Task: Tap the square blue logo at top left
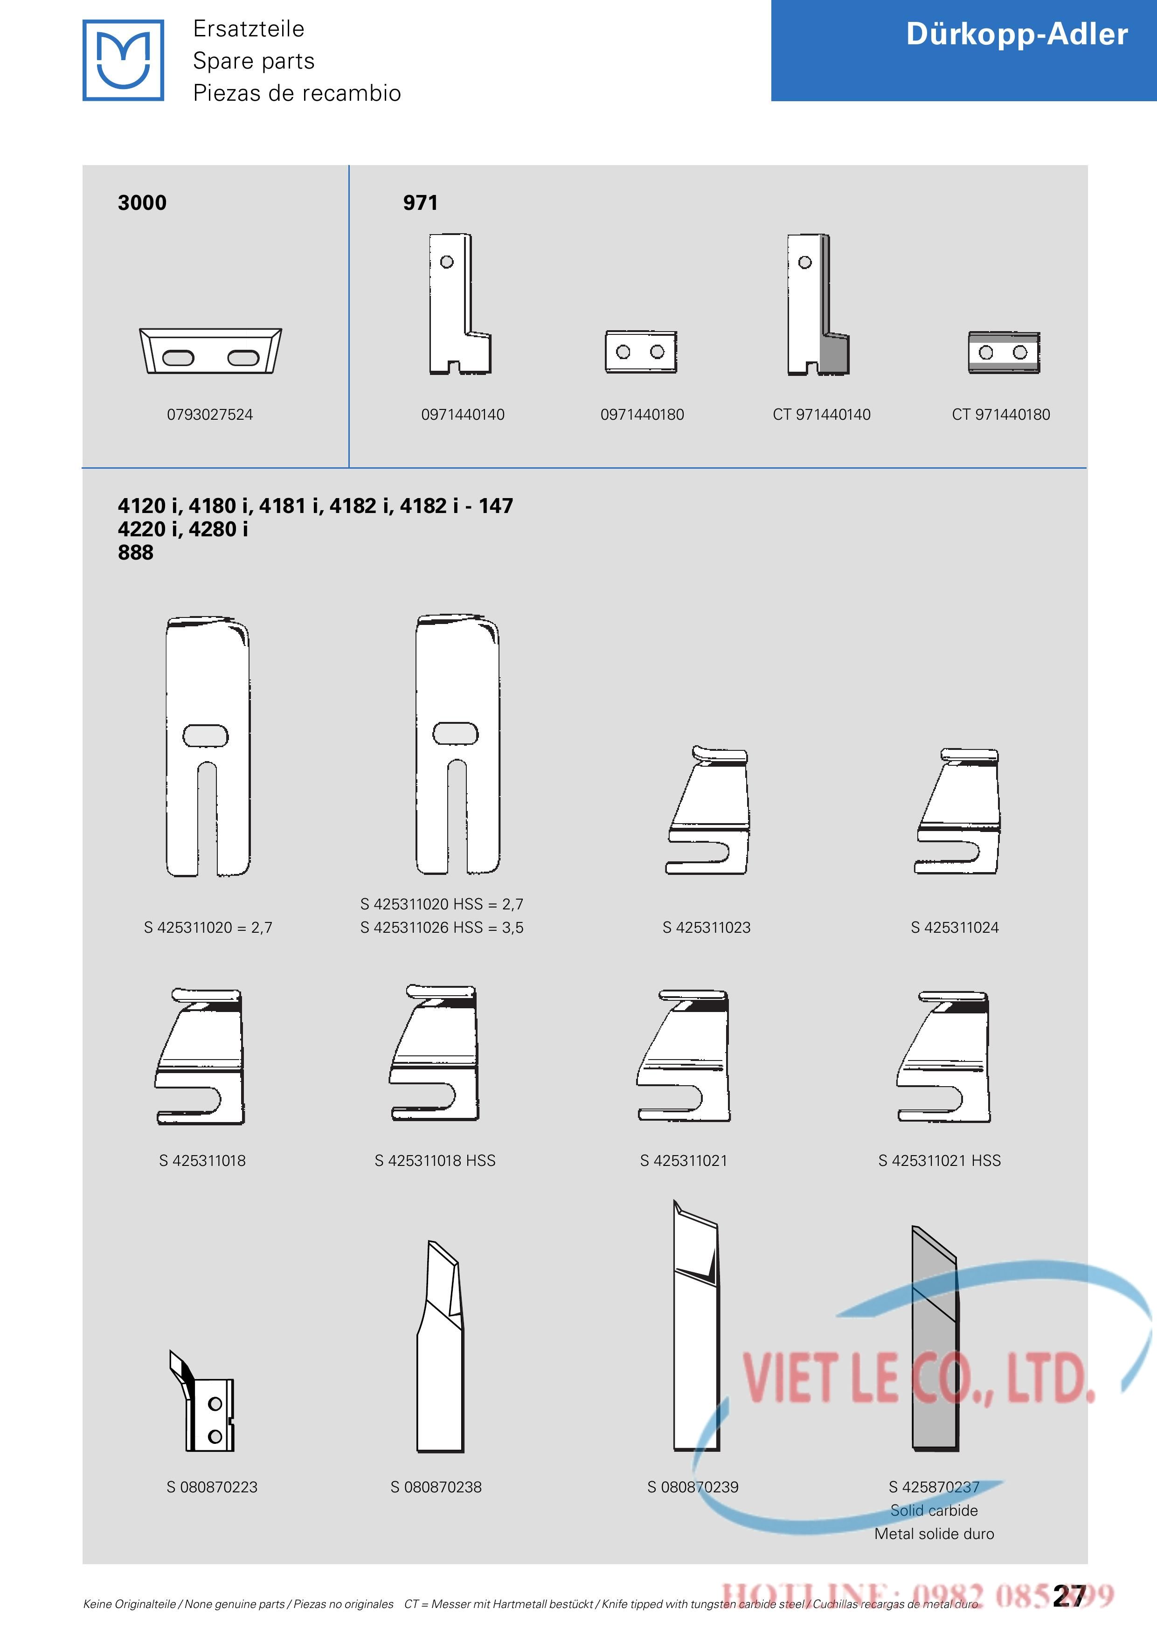pos(123,60)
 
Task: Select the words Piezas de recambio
pos(297,93)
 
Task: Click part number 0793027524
pos(210,414)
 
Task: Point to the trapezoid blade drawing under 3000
pos(211,351)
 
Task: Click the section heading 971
pos(420,202)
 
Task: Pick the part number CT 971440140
pos(821,414)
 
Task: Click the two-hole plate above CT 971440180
pos(1004,352)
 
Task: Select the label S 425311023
pos(707,927)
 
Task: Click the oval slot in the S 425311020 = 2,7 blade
pos(206,736)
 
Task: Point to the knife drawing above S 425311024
pos(957,811)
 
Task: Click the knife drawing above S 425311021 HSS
pos(943,1057)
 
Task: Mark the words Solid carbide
pos(934,1511)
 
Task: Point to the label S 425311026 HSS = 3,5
pos(442,927)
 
